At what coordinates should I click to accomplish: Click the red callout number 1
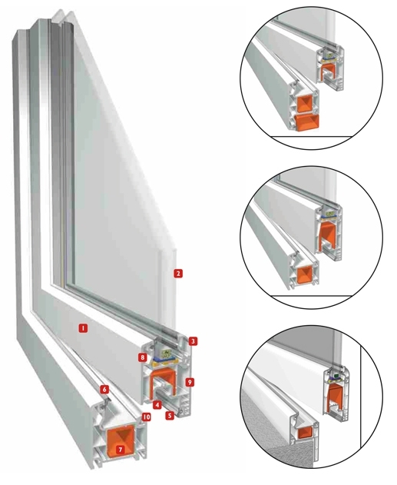click(x=83, y=328)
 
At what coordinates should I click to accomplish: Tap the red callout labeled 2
click(x=178, y=274)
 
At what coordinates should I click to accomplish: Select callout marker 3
click(x=193, y=341)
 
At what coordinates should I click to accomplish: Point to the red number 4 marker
click(x=157, y=404)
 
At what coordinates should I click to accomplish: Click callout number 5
click(x=170, y=415)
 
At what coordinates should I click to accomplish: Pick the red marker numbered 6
click(x=104, y=390)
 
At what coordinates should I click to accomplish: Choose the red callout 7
click(x=121, y=450)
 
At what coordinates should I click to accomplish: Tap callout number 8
click(x=142, y=357)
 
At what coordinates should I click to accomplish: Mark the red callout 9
click(x=190, y=382)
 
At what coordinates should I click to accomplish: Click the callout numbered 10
click(x=146, y=417)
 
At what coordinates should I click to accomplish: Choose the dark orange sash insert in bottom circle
click(x=335, y=397)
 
